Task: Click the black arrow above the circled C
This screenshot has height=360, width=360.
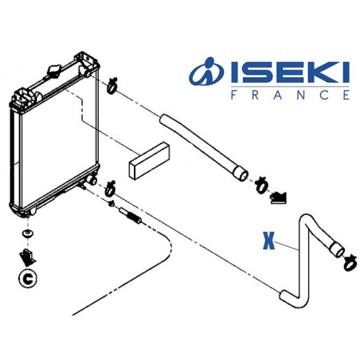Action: pos(29,256)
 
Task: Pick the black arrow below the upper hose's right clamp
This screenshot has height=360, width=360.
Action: pos(279,197)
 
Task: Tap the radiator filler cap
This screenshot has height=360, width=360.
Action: pos(54,71)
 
